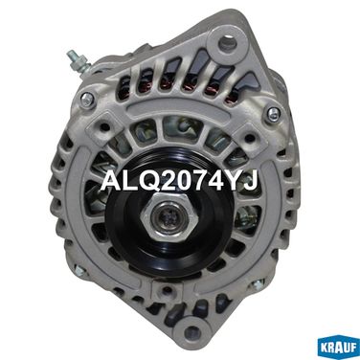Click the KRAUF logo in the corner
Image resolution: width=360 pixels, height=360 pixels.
[338, 348]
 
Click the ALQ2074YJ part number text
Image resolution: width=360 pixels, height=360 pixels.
[179, 182]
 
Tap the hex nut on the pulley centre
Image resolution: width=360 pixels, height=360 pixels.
[169, 217]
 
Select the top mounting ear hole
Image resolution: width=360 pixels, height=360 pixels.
[228, 43]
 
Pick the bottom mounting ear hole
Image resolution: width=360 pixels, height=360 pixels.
[192, 331]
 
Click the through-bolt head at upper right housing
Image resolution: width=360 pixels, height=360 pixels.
[273, 113]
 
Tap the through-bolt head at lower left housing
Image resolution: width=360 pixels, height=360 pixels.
[79, 270]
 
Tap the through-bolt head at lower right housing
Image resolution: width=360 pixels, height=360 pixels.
[257, 283]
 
